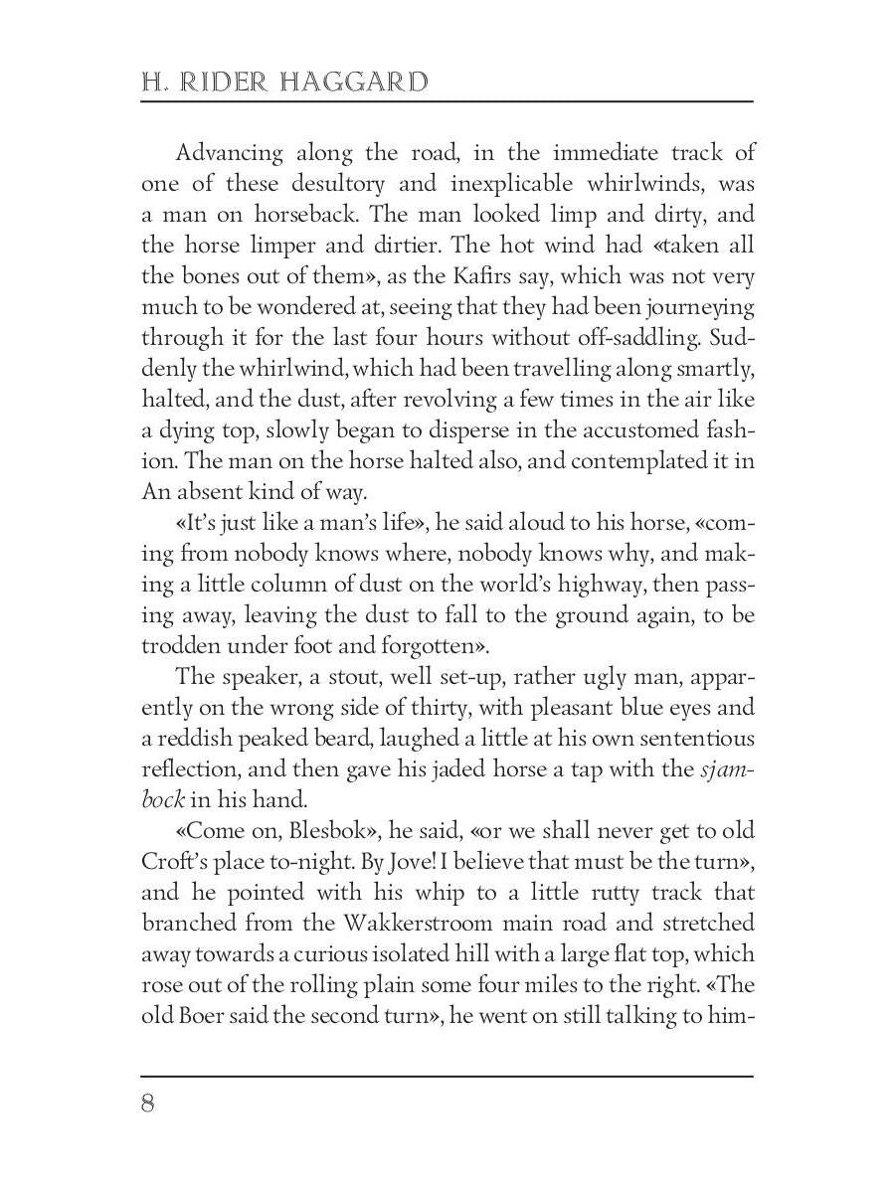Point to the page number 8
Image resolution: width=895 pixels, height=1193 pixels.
pos(148,1104)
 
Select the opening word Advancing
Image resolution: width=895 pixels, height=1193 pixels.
pos(229,154)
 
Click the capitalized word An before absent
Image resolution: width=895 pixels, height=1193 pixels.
pos(156,491)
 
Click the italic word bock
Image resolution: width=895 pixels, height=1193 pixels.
pos(162,800)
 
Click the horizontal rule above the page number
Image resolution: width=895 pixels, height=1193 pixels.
pos(447,1075)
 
